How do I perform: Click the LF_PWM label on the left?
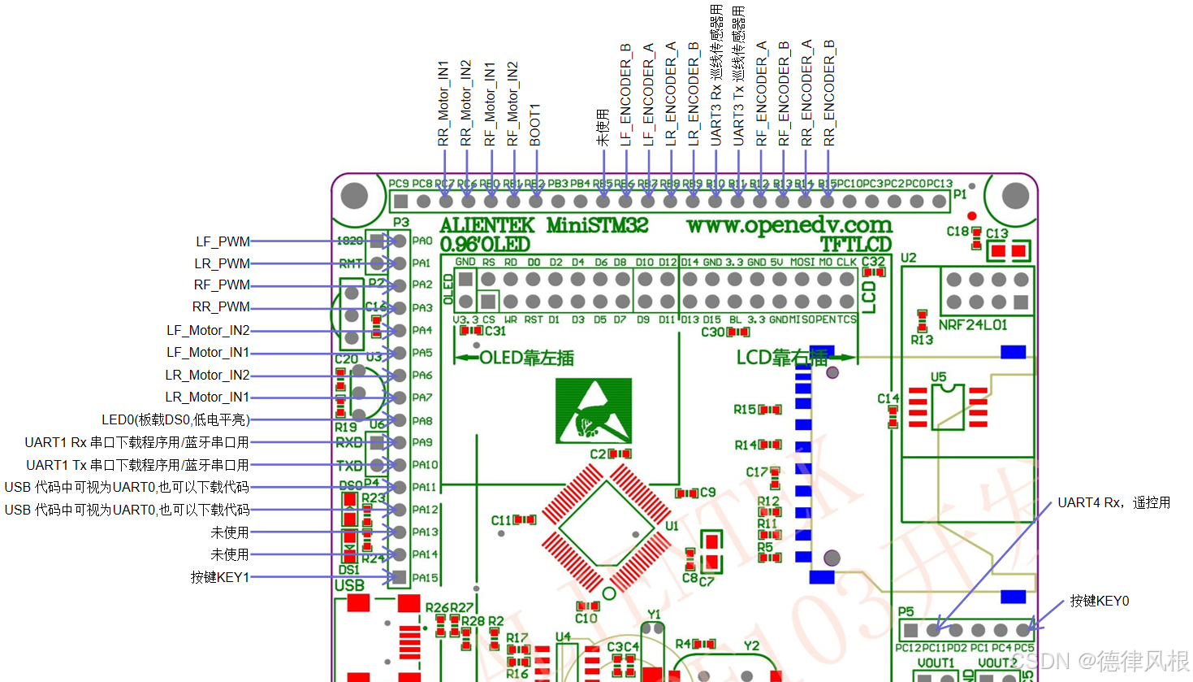pyautogui.click(x=223, y=241)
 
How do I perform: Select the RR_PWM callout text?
pyautogui.click(x=221, y=307)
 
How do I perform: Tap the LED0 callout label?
pyautogui.click(x=175, y=420)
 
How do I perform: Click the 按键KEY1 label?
pyautogui.click(x=220, y=577)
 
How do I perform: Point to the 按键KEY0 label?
pyautogui.click(x=1099, y=601)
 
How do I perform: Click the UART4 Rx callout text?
pyautogui.click(x=1113, y=503)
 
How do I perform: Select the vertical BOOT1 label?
pyautogui.click(x=535, y=125)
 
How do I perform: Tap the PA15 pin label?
pyautogui.click(x=425, y=578)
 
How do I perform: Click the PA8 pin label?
pyautogui.click(x=422, y=421)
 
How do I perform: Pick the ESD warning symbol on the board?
pyautogui.click(x=594, y=411)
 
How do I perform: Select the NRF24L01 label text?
pyautogui.click(x=973, y=325)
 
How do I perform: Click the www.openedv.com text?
pyautogui.click(x=789, y=225)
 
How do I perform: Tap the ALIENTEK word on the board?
pyautogui.click(x=487, y=225)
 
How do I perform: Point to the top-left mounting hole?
pyautogui.click(x=355, y=196)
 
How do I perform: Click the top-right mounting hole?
pyautogui.click(x=1015, y=196)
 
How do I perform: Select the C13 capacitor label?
pyautogui.click(x=996, y=233)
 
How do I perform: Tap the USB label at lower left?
pyautogui.click(x=349, y=585)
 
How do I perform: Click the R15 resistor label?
pyautogui.click(x=744, y=410)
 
